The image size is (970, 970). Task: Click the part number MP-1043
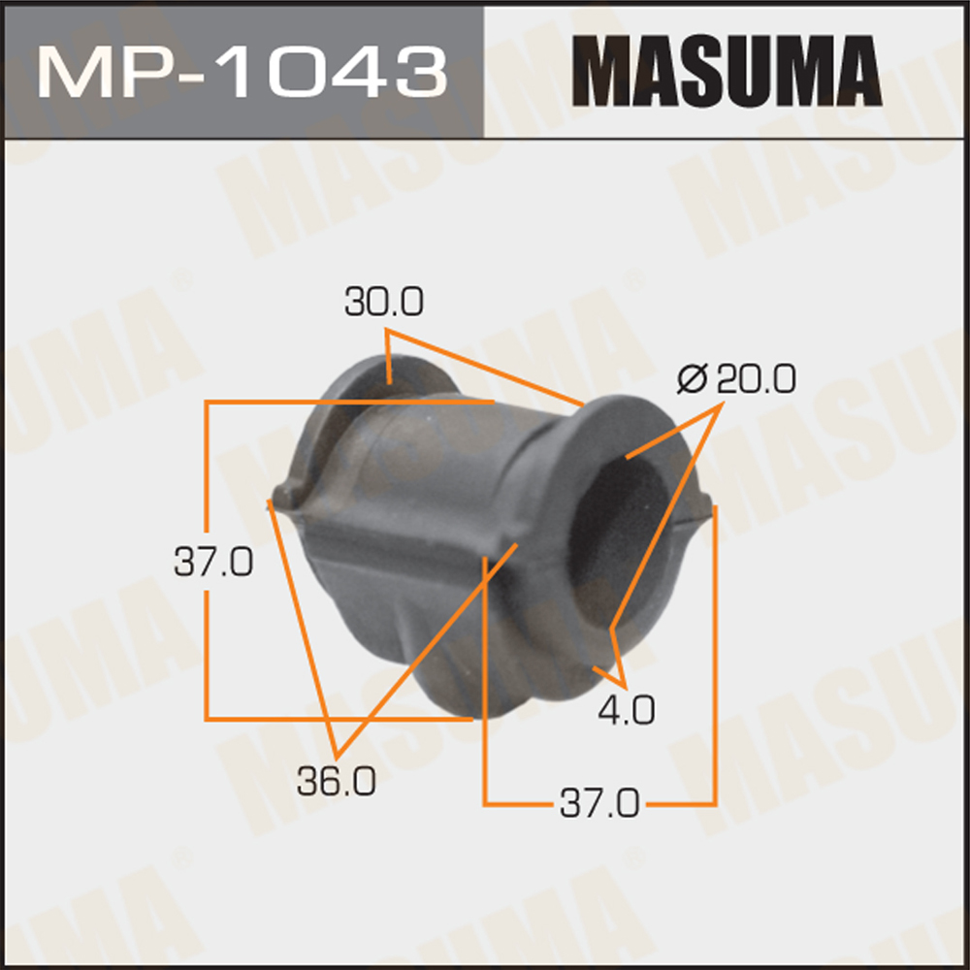click(x=242, y=69)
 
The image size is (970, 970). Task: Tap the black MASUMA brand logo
click(x=726, y=70)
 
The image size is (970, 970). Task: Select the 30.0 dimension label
click(x=383, y=304)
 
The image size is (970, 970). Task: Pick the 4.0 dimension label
click(x=626, y=712)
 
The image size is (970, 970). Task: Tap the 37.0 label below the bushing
click(x=598, y=803)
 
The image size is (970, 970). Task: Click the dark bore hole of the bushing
click(x=621, y=543)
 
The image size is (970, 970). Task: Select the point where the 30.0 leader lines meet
click(x=388, y=333)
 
